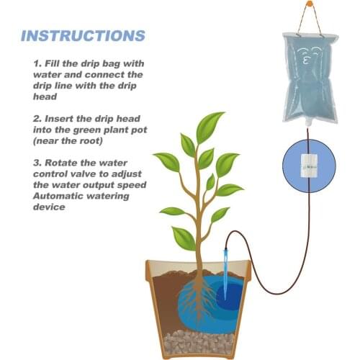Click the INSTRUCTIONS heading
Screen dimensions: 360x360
[x=83, y=35]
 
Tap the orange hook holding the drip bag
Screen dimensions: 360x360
[x=310, y=4]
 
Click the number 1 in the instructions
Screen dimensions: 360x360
[x=36, y=63]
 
